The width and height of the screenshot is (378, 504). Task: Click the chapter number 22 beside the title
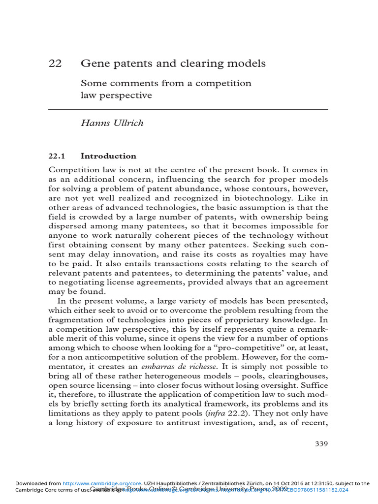coord(55,64)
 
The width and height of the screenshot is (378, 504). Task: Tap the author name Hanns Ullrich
coord(112,123)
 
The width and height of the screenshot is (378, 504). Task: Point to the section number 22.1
coord(57,156)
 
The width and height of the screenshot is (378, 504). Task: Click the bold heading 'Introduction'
coord(108,156)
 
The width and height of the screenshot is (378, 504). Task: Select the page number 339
coord(321,443)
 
